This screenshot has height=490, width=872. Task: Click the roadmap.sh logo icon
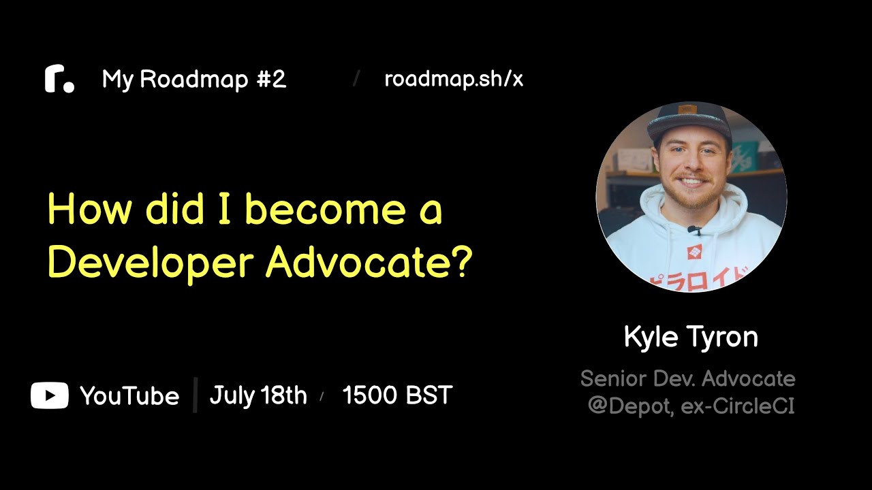tap(59, 80)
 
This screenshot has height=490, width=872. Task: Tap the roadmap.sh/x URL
tap(454, 80)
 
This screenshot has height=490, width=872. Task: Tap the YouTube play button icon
tap(50, 395)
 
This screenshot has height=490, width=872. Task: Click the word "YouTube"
tap(129, 396)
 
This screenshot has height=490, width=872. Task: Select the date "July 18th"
tap(258, 395)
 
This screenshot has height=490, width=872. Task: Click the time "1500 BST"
tap(397, 395)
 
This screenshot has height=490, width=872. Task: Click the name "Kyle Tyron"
tap(691, 337)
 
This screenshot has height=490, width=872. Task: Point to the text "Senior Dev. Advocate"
tap(688, 378)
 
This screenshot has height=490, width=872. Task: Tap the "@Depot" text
tap(630, 406)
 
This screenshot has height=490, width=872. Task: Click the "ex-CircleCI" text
tap(738, 406)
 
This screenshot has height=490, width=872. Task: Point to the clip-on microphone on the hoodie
tap(694, 230)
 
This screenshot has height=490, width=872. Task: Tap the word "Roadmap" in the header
tap(194, 80)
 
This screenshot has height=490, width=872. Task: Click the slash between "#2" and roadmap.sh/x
tap(356, 78)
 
